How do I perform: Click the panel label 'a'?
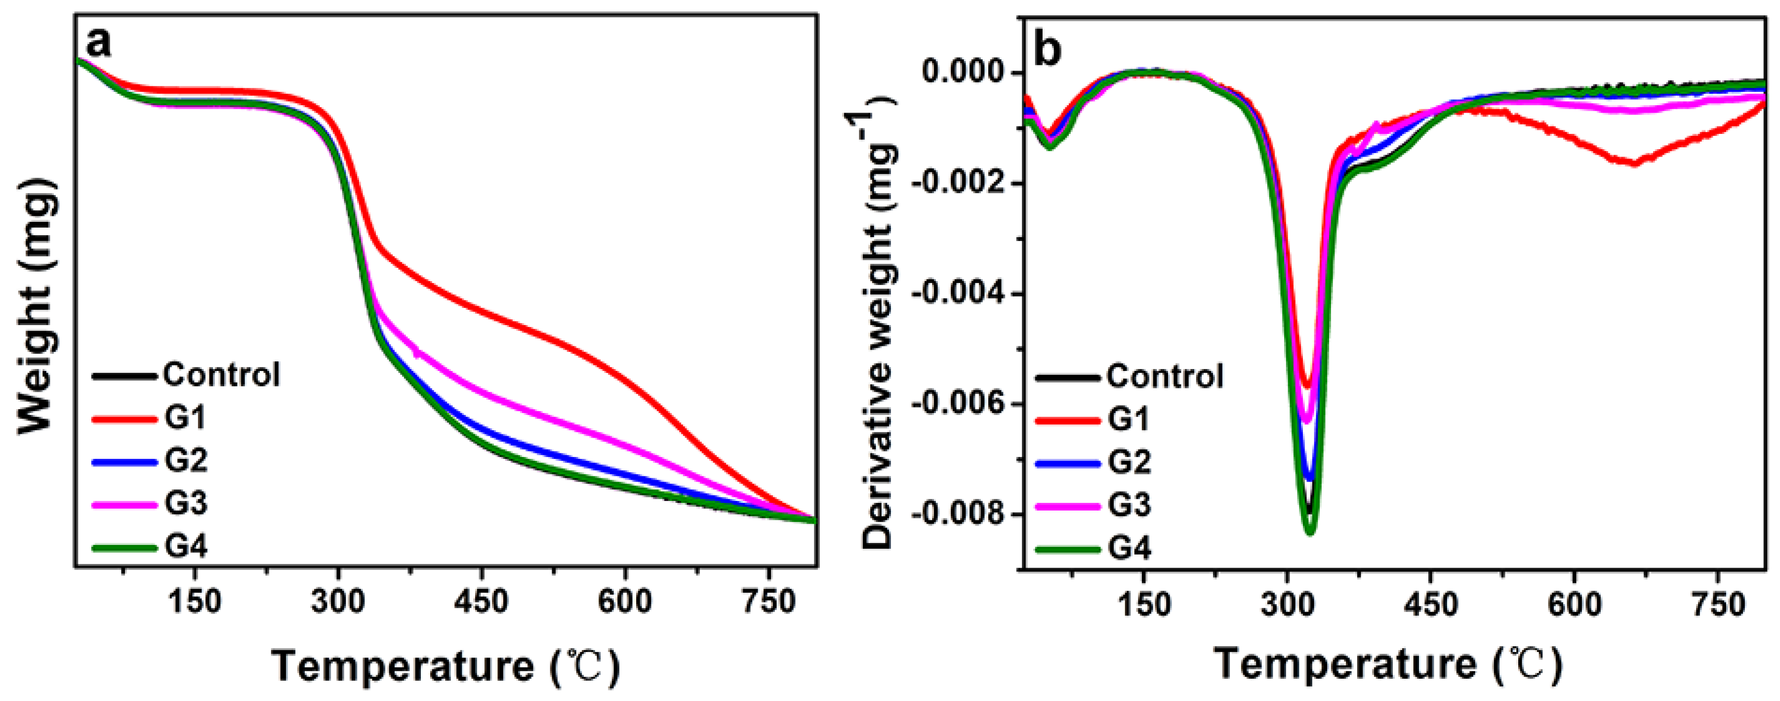click(99, 43)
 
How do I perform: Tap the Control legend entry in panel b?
click(1164, 377)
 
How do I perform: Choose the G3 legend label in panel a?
click(185, 503)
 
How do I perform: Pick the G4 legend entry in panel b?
click(1129, 548)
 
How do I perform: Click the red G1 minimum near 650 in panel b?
click(1634, 163)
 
